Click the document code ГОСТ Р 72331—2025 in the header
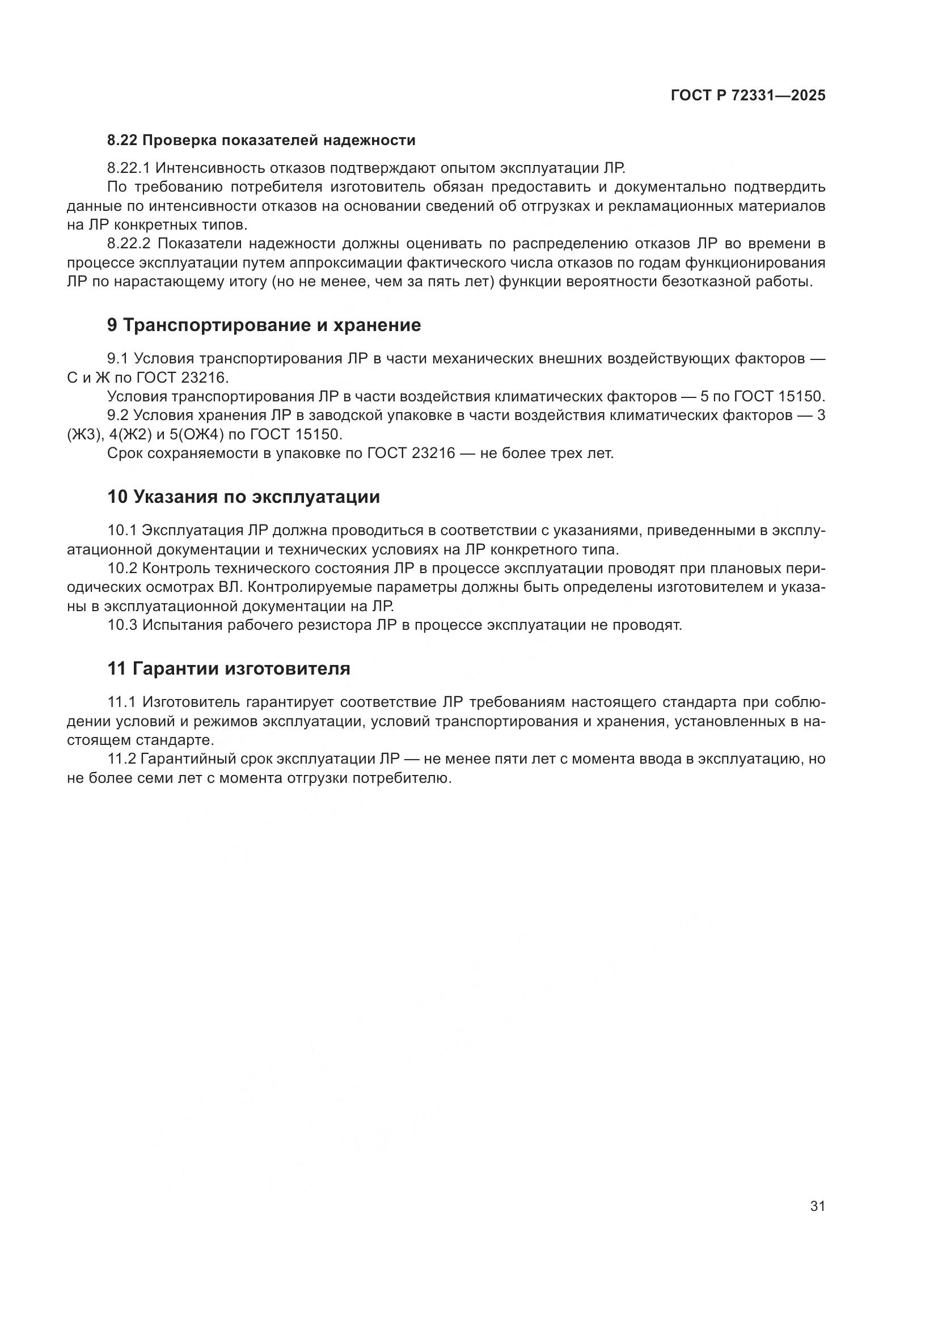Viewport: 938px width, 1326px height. click(748, 96)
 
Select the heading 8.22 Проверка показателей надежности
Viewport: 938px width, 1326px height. click(261, 141)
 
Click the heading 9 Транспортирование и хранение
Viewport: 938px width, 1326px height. click(264, 325)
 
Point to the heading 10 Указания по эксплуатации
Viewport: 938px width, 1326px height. click(243, 497)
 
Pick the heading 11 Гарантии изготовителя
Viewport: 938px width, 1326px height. click(229, 668)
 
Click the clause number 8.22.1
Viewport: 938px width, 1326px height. click(128, 168)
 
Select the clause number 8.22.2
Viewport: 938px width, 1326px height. click(128, 244)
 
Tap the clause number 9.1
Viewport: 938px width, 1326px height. click(117, 359)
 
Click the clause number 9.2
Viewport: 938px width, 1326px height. click(117, 415)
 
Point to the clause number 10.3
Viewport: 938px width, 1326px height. click(122, 625)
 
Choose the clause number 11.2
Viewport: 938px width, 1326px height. click(121, 759)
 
